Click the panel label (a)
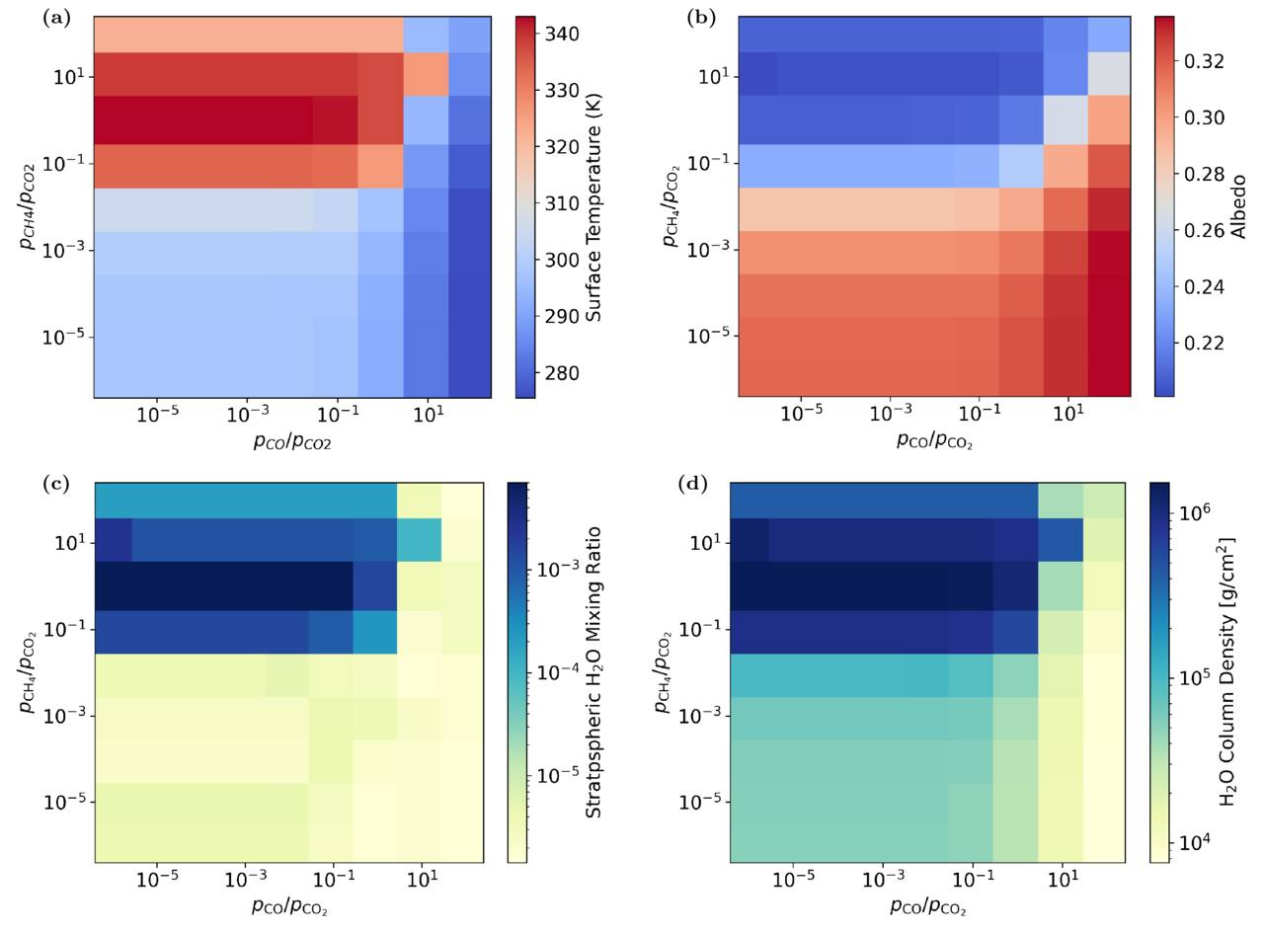coord(57,19)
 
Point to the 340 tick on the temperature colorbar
coord(562,34)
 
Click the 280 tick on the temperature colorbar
coord(562,373)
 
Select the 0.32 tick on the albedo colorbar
coord(1204,61)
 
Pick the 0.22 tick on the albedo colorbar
coord(1204,344)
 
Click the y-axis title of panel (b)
coord(671,206)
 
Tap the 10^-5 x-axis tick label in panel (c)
coord(157,880)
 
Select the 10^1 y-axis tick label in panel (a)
coord(69,76)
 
